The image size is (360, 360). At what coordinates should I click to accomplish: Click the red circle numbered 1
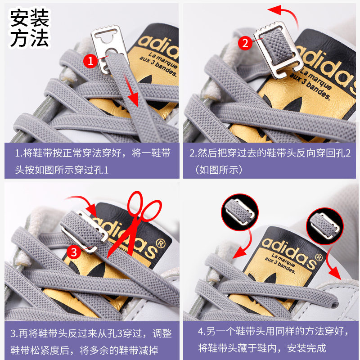[x=90, y=61]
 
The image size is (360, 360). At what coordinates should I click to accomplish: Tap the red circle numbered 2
[x=245, y=43]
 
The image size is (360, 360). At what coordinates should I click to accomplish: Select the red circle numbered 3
[x=74, y=252]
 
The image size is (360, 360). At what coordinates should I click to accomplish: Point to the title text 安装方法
[x=29, y=28]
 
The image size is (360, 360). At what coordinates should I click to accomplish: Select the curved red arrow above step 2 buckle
[x=284, y=16]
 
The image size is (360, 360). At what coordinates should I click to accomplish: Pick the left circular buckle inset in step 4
[x=240, y=212]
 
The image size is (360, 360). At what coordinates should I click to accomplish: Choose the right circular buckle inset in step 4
[x=325, y=226]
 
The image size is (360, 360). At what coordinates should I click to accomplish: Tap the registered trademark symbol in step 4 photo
[x=319, y=257]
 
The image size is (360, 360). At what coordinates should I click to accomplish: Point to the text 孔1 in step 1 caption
[x=103, y=170]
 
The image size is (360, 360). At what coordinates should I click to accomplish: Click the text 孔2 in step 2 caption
[x=345, y=153]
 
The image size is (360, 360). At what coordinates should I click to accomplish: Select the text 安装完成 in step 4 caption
[x=306, y=348]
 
